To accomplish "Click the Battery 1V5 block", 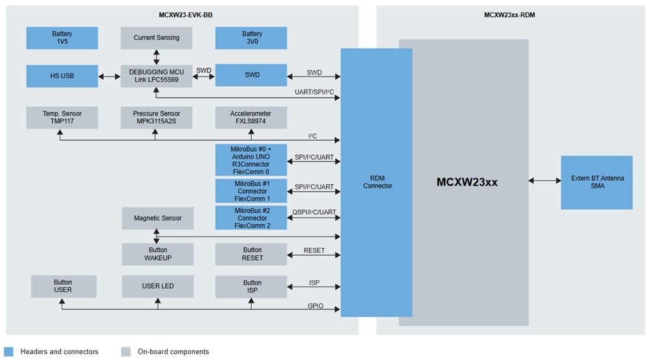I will pyautogui.click(x=62, y=38).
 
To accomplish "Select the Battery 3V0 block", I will pyautogui.click(x=252, y=38).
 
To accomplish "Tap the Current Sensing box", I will pyautogui.click(x=156, y=38).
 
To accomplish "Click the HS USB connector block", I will pyautogui.click(x=62, y=76).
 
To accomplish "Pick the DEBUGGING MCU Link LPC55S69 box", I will pyautogui.click(x=156, y=76).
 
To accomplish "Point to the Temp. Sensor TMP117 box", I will pyautogui.click(x=62, y=117).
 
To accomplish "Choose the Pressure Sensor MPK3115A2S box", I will pyautogui.click(x=156, y=117).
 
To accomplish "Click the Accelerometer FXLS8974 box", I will pyautogui.click(x=252, y=117).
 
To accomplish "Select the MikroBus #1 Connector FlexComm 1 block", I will pyautogui.click(x=252, y=191).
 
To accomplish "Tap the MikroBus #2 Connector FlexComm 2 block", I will pyautogui.click(x=252, y=218).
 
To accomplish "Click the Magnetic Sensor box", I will pyautogui.click(x=158, y=219).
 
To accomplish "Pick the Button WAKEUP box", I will pyautogui.click(x=158, y=254).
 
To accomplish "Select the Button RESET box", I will pyautogui.click(x=252, y=254).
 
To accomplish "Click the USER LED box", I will pyautogui.click(x=158, y=286).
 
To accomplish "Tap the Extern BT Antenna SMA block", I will pyautogui.click(x=596, y=182).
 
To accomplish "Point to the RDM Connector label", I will pyautogui.click(x=377, y=182).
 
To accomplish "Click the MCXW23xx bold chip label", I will pyautogui.click(x=467, y=182).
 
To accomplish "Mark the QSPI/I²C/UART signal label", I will pyautogui.click(x=314, y=212).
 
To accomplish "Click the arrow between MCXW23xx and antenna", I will pyautogui.click(x=545, y=181).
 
